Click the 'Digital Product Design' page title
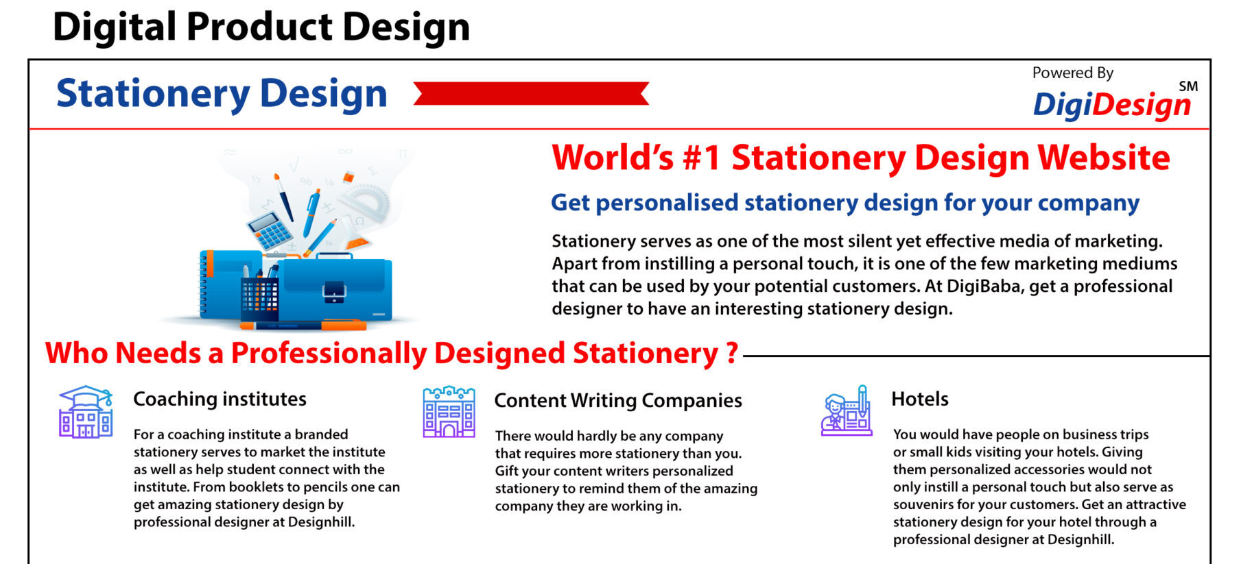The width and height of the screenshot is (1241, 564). tap(261, 27)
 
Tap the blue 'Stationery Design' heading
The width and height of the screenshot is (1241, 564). tap(222, 93)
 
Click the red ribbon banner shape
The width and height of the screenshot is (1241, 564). tap(531, 93)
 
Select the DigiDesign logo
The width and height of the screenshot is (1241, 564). tap(1112, 104)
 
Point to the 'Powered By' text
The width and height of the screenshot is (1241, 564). tap(1073, 73)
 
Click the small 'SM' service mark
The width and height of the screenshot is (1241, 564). tap(1188, 86)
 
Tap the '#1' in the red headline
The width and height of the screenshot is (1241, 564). tap(701, 158)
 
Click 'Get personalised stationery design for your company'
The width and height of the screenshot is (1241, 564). tap(845, 203)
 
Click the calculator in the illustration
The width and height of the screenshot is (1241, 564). tap(270, 230)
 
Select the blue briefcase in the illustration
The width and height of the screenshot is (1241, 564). tap(335, 287)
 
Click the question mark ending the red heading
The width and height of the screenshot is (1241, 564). tap(732, 352)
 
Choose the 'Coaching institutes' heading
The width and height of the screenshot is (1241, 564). tap(220, 399)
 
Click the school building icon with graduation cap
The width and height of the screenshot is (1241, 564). tap(86, 411)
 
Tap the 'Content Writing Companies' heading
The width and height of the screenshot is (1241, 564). tap(618, 400)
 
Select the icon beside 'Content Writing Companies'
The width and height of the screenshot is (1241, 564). tap(449, 412)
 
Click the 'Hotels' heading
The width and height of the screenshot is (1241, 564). tap(920, 399)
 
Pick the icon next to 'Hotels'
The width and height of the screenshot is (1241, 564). tap(847, 410)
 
